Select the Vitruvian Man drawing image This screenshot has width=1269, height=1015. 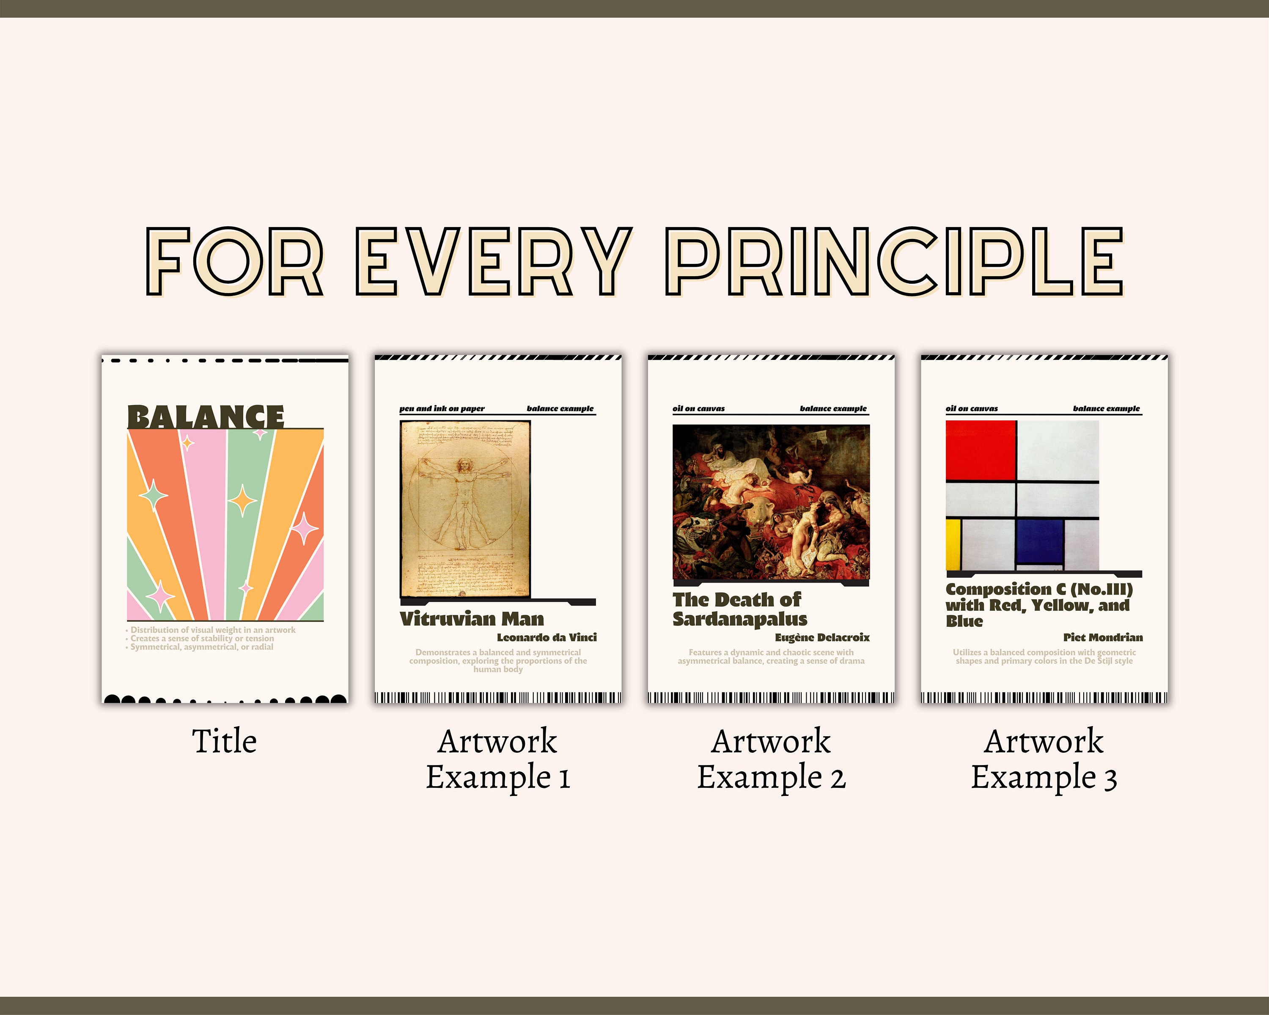pyautogui.click(x=465, y=508)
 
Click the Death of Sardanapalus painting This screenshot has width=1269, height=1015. pyautogui.click(x=771, y=502)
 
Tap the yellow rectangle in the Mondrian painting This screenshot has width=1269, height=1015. pyautogui.click(x=953, y=544)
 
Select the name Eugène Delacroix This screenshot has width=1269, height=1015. pyautogui.click(x=821, y=637)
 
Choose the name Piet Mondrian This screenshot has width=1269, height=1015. pyautogui.click(x=1102, y=637)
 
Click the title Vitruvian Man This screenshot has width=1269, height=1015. pyautogui.click(x=472, y=619)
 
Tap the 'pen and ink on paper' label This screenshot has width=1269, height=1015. pyautogui.click(x=442, y=409)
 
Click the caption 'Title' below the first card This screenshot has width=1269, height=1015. pyautogui.click(x=224, y=741)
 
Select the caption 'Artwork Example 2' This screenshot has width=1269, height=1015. pyautogui.click(x=771, y=759)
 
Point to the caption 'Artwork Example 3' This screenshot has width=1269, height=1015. pyautogui.click(x=1044, y=759)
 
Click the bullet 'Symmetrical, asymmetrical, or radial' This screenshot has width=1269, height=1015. pyautogui.click(x=201, y=647)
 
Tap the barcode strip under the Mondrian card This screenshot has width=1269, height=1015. pyautogui.click(x=1044, y=698)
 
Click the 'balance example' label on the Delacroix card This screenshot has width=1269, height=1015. pyautogui.click(x=833, y=409)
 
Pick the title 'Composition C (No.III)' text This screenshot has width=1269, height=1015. pyautogui.click(x=1039, y=590)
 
